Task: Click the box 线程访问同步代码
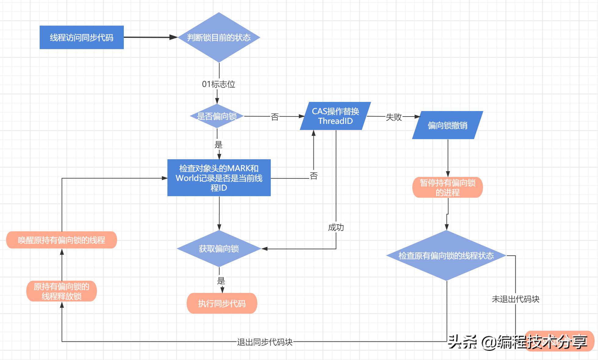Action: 81,37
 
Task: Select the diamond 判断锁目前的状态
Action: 219,37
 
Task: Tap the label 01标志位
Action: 218,84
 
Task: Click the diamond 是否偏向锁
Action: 217,116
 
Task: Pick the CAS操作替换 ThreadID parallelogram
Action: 335,116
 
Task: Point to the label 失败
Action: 394,117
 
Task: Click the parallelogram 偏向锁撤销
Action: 447,125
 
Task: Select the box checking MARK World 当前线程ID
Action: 219,178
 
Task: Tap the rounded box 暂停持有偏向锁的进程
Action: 447,187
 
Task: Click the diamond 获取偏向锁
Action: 219,249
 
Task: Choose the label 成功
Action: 336,227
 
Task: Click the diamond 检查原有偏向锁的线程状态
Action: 446,255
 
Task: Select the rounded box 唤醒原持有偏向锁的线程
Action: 61,240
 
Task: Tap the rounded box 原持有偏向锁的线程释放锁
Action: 61,291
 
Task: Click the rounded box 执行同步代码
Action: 222,303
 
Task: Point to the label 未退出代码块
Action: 515,299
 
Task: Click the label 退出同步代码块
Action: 265,342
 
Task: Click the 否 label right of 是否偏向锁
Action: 275,117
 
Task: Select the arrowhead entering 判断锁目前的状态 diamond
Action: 174,37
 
